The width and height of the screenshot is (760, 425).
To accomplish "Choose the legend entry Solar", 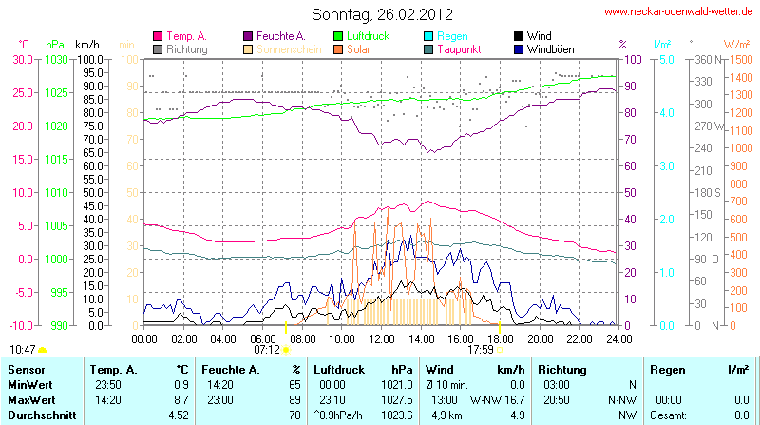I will coord(358,48).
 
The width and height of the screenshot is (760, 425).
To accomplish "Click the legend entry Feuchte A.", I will coord(279,36).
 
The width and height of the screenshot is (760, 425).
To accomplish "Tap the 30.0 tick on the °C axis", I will coord(23,59).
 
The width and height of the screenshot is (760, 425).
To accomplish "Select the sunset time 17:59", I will coord(481,349).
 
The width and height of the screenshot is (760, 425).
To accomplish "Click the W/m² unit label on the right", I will coord(736,44).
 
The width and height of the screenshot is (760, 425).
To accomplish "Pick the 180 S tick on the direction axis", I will coord(704,192).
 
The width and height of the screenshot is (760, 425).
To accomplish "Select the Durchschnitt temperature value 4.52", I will coord(178,415).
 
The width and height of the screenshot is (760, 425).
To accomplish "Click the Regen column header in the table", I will coord(665,368).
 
